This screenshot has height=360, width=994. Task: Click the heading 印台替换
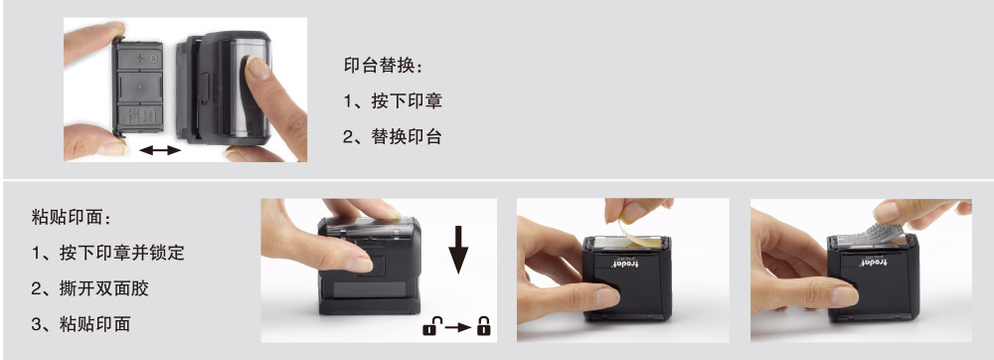(383, 66)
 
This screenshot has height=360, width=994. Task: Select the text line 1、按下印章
(393, 100)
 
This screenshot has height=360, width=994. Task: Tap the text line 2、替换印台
(393, 136)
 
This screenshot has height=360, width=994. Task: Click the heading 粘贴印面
(71, 218)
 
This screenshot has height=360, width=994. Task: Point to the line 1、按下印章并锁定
(107, 253)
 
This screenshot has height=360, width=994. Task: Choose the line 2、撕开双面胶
(90, 288)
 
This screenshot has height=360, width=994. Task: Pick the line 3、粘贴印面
(82, 324)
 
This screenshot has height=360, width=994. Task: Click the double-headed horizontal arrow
(160, 150)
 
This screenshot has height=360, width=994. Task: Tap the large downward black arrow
(457, 250)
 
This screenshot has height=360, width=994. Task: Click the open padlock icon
(430, 326)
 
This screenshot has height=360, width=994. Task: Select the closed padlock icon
(484, 326)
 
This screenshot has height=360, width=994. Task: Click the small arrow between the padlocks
(457, 327)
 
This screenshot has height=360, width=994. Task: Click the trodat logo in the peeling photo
(625, 263)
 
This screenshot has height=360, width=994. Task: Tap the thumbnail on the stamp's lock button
(359, 263)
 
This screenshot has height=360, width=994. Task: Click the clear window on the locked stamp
(369, 290)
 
